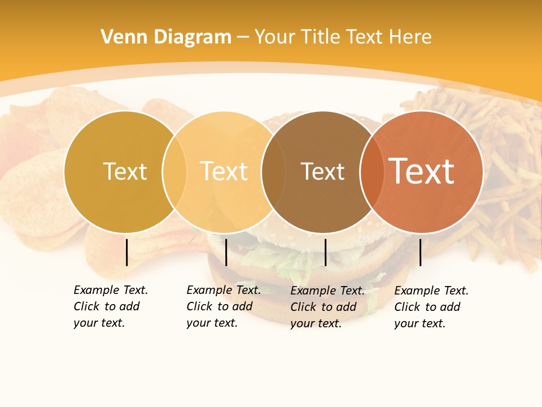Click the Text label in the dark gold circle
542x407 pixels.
coord(125,171)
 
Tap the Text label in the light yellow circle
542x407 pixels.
coord(224,171)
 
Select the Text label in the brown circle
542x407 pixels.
coord(322,171)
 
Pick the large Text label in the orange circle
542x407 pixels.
coord(422,171)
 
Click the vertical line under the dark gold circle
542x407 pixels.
coord(126,252)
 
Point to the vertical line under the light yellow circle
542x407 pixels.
coord(226,252)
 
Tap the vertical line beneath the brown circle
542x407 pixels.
coord(325,252)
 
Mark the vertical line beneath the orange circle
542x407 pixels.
coord(420,252)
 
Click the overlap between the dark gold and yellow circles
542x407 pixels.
coord(174,172)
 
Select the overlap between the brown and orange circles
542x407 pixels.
coord(373,172)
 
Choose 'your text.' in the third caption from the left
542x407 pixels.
coord(316,323)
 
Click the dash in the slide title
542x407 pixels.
coord(243,38)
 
